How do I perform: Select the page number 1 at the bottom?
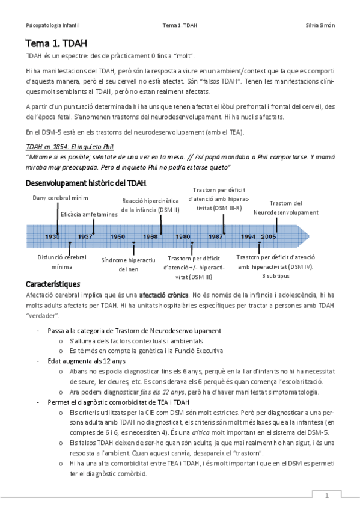pyautogui.click(x=326, y=496)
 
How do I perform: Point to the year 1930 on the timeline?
pyautogui.click(x=52, y=236)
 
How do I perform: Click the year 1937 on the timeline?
pyautogui.click(x=85, y=236)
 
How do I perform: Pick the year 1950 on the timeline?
pyautogui.click(x=118, y=236)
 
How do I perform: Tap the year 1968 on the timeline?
pyautogui.click(x=150, y=236)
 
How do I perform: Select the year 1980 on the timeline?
pyautogui.click(x=183, y=236)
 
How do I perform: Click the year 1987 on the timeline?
pyautogui.click(x=216, y=236)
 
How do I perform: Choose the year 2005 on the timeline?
pyautogui.click(x=269, y=236)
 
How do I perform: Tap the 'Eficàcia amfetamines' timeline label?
pyautogui.click(x=89, y=214)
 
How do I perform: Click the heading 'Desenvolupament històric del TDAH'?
pyautogui.click(x=85, y=183)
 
